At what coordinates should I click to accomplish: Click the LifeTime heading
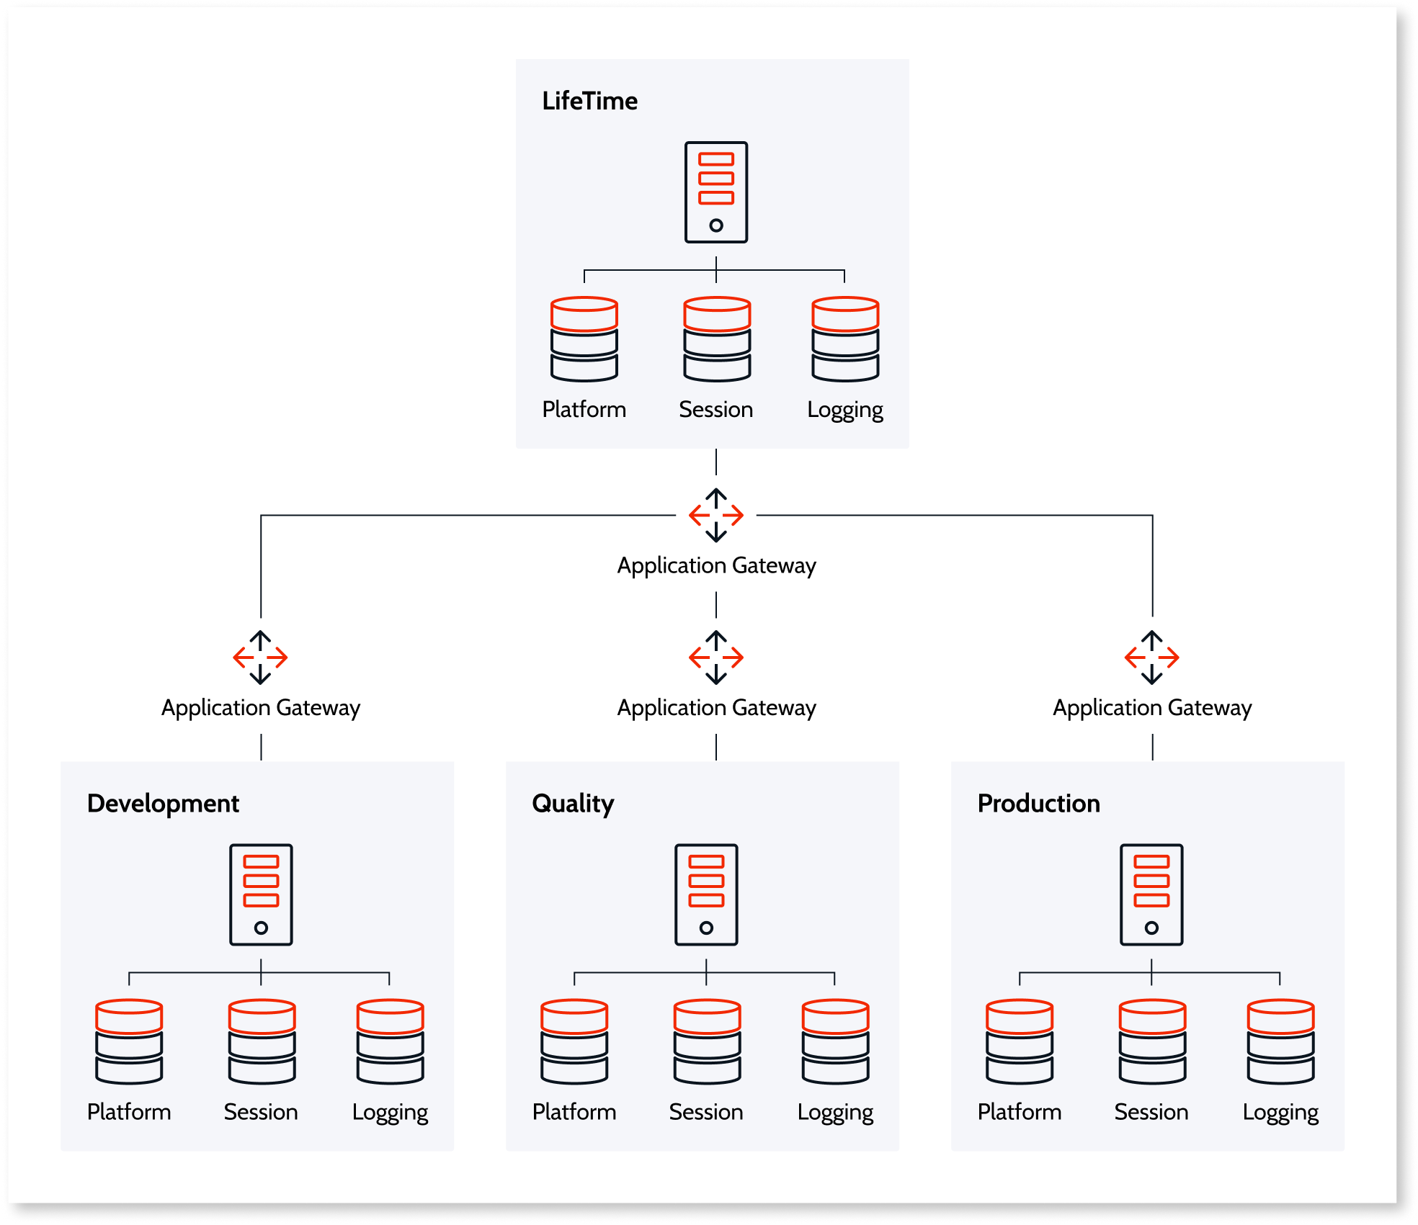[589, 101]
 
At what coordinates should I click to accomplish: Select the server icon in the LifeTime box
[715, 192]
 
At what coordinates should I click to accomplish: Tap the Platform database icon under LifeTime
[584, 338]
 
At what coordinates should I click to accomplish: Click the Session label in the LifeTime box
[715, 409]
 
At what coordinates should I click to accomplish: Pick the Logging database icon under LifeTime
[844, 338]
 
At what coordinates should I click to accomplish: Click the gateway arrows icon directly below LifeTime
[715, 515]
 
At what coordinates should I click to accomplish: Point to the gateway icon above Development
[260, 657]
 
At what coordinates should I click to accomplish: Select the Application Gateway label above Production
[1151, 707]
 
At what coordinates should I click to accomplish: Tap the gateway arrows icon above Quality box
[715, 657]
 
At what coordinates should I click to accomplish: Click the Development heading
[163, 803]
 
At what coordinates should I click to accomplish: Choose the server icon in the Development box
[261, 894]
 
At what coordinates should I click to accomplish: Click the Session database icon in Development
[262, 1041]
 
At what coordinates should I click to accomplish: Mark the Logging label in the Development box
[390, 1112]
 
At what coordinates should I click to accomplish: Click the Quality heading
[573, 803]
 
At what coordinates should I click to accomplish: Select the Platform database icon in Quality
[574, 1041]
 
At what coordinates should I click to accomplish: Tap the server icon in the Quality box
[706, 894]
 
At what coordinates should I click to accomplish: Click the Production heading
[1038, 803]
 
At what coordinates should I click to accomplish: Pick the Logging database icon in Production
[1280, 1041]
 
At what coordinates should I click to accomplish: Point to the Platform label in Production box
[1019, 1112]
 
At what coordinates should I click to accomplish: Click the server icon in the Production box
[1151, 894]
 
